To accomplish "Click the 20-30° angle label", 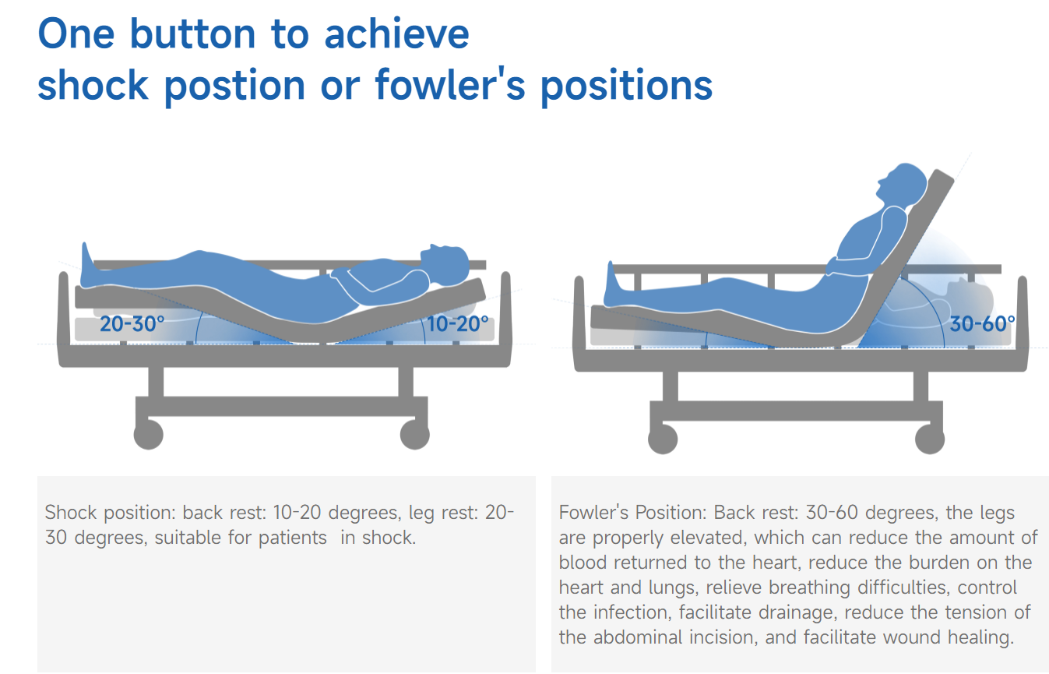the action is pyautogui.click(x=132, y=324).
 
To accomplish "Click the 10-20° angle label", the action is pyautogui.click(x=458, y=324).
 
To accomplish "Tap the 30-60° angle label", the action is pyautogui.click(x=982, y=324).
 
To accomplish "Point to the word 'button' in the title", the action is pyautogui.click(x=192, y=34).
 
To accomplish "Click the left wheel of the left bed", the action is pyautogui.click(x=149, y=435).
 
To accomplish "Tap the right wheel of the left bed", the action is pyautogui.click(x=415, y=435).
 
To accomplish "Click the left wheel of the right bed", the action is pyautogui.click(x=663, y=439).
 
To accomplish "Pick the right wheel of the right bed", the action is pyautogui.click(x=930, y=439).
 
